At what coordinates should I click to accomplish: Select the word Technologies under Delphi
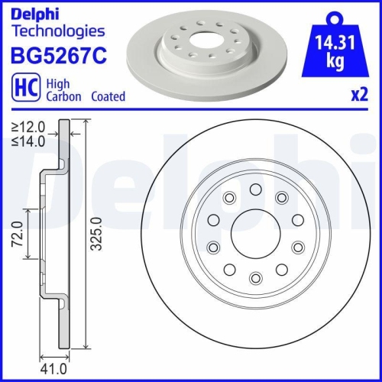57,31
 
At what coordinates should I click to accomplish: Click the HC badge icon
22,89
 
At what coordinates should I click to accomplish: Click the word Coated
108,97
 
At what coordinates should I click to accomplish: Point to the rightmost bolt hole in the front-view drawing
299,246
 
